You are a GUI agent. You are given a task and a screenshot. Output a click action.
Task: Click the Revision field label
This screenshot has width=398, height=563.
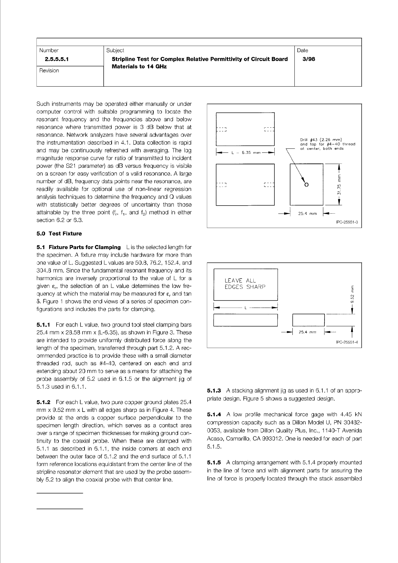49,71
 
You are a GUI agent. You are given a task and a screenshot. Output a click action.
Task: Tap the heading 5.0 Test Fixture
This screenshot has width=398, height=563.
59,234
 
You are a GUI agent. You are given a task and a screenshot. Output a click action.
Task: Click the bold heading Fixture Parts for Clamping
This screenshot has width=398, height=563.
85,247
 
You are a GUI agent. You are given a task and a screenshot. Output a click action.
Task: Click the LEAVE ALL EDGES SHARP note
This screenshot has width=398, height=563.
245,284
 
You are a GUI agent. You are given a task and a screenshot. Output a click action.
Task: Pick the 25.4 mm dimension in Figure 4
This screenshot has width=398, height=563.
308,332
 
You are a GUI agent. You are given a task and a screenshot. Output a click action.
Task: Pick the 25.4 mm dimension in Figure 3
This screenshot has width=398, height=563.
307,214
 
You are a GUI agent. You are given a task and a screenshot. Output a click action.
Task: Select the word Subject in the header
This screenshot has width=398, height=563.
115,50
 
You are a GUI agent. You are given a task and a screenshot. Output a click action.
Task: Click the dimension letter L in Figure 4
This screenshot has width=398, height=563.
245,308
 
